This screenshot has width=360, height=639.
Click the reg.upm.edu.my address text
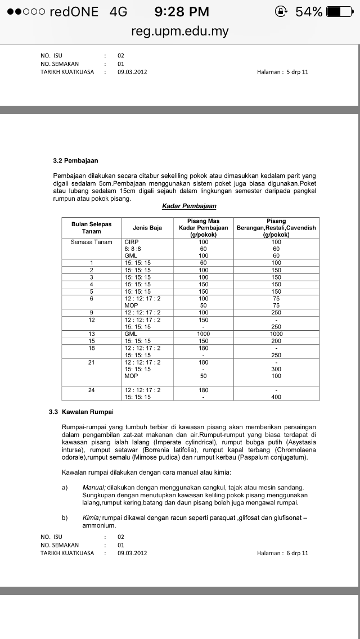click(180, 31)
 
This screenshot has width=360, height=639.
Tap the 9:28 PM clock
click(181, 11)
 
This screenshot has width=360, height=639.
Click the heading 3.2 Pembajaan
click(75, 160)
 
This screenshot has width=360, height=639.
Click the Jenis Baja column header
click(147, 228)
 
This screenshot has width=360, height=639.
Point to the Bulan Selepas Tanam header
click(91, 228)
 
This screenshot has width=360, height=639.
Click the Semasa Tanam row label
click(91, 242)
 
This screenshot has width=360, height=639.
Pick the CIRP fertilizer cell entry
click(132, 242)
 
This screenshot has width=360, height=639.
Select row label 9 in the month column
click(91, 313)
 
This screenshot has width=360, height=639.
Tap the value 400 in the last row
click(276, 397)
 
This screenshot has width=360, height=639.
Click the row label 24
click(91, 390)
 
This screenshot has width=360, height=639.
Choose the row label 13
click(91, 334)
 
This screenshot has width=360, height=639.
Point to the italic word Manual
click(90, 487)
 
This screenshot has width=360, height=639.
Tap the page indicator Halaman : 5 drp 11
click(282, 72)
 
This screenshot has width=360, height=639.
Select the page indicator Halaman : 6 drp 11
click(282, 553)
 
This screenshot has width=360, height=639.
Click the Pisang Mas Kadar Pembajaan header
click(203, 228)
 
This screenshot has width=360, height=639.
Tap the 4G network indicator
click(119, 11)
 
